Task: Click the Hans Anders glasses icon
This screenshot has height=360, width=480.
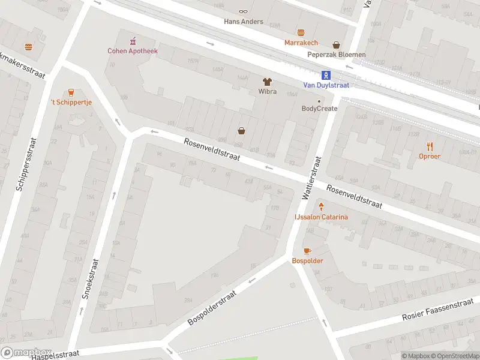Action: click(x=243, y=11)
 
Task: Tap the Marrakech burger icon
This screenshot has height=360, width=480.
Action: click(x=301, y=32)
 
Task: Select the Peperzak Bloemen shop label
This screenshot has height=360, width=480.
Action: click(x=336, y=55)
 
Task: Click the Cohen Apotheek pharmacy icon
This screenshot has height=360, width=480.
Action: click(x=133, y=41)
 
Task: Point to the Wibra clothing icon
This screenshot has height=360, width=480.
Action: click(x=267, y=81)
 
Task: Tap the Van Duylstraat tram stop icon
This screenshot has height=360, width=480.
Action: click(x=326, y=75)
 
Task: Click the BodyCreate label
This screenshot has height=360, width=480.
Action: click(x=319, y=109)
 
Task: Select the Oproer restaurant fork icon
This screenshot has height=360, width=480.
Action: click(x=430, y=146)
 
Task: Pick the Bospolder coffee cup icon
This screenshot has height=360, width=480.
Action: click(x=307, y=251)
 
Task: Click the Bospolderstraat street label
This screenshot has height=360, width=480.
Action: click(x=212, y=308)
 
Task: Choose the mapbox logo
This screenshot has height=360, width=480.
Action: click(x=26, y=353)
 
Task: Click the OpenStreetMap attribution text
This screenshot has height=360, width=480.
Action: click(x=453, y=356)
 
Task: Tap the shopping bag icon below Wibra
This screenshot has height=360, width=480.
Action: click(x=242, y=130)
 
